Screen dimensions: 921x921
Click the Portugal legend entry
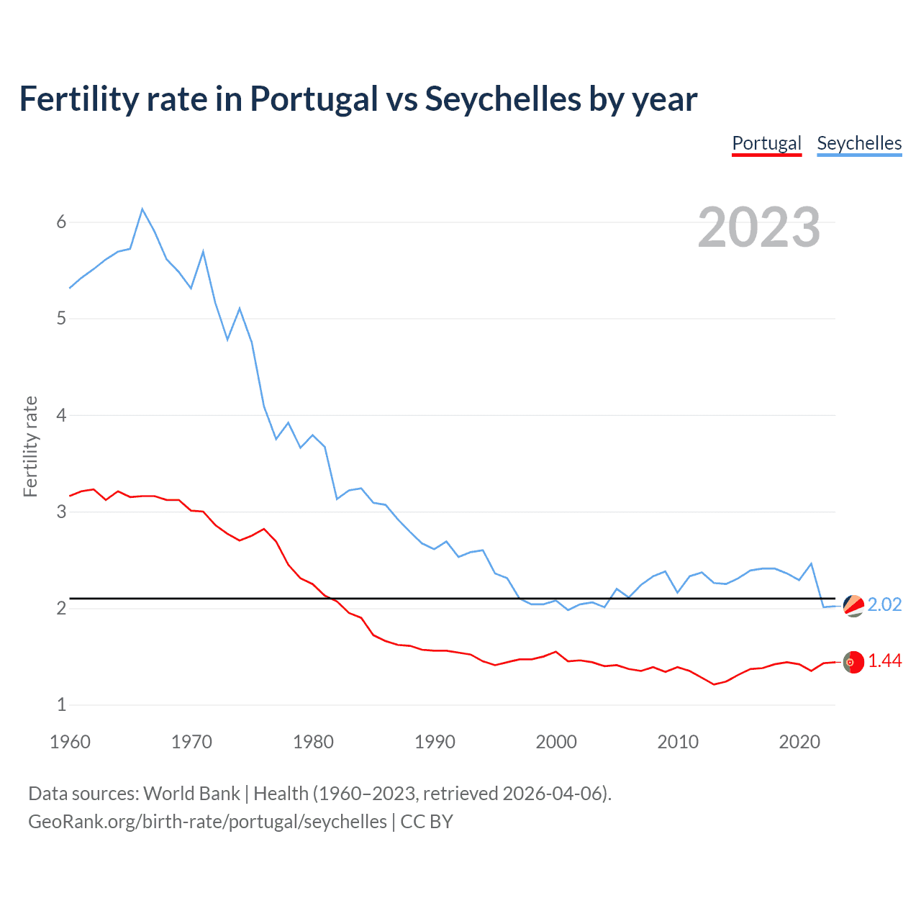point(766,143)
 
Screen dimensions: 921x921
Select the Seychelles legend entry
point(859,143)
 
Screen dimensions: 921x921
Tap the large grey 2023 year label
point(759,227)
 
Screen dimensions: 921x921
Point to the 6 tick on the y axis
point(61,222)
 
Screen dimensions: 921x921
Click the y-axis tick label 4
point(61,415)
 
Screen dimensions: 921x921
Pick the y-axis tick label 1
point(61,705)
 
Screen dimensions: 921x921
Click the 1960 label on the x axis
point(70,742)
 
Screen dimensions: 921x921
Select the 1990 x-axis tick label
point(435,742)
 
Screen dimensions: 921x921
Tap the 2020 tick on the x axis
point(799,742)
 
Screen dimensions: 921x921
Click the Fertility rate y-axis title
point(30,446)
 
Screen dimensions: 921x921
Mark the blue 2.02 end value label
point(884,604)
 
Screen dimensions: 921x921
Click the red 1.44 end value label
point(884,661)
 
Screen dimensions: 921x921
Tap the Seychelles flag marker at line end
point(853,606)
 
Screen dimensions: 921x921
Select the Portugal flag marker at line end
point(853,662)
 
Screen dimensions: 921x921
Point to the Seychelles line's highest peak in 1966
point(142,209)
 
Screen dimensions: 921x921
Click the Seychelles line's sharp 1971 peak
point(204,251)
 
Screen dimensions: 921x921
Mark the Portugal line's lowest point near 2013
point(714,684)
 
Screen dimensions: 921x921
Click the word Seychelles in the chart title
point(502,99)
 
